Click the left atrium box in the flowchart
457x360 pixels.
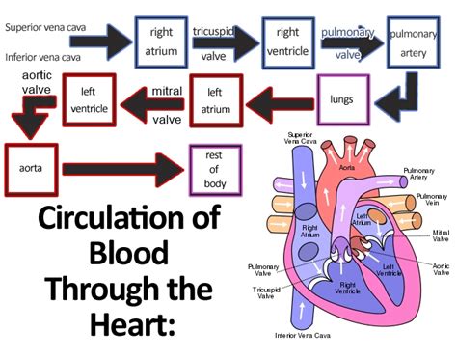[x=215, y=101]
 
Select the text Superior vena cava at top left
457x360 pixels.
[x=49, y=27]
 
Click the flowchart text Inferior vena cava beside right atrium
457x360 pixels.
[x=47, y=57]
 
